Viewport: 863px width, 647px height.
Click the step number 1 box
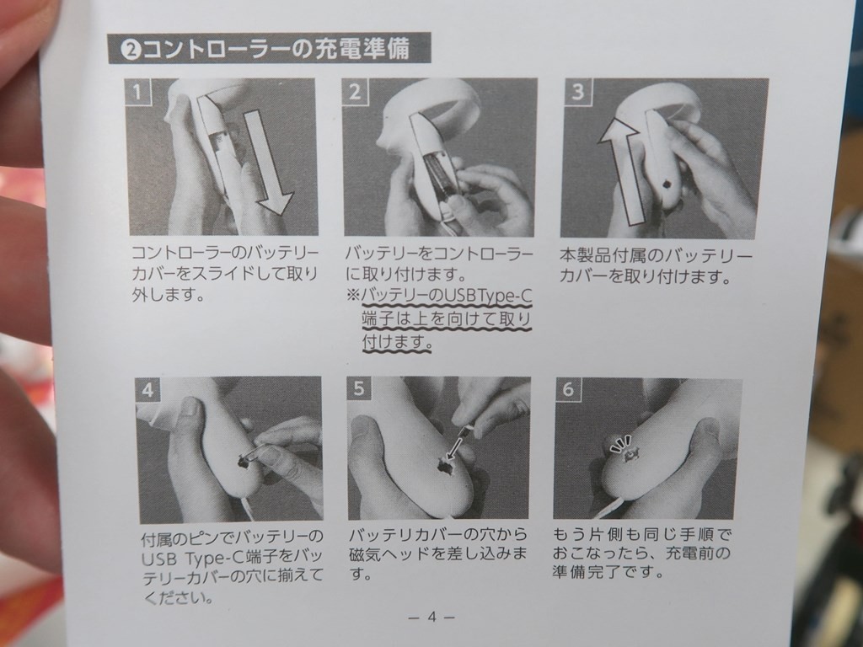pyautogui.click(x=137, y=91)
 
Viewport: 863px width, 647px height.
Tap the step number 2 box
pyautogui.click(x=355, y=91)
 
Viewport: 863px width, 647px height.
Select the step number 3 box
pyautogui.click(x=577, y=91)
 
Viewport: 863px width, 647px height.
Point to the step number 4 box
pyautogui.click(x=147, y=389)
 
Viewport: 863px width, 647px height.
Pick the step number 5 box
pyautogui.click(x=359, y=389)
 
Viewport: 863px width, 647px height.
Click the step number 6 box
pyautogui.click(x=568, y=389)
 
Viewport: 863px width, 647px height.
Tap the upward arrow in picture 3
pyautogui.click(x=621, y=170)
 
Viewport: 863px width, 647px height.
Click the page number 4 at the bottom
pyautogui.click(x=431, y=617)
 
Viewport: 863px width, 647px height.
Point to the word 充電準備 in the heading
pyautogui.click(x=362, y=48)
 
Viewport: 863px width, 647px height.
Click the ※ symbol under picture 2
pyautogui.click(x=353, y=296)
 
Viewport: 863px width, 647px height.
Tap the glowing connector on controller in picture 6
pyautogui.click(x=629, y=455)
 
